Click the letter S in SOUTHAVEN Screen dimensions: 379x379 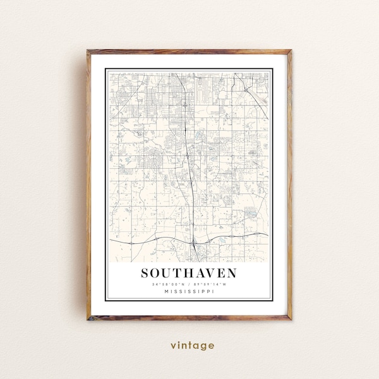(x=146, y=274)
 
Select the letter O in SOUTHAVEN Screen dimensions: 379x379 (x=157, y=274)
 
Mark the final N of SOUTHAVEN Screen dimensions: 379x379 (x=231, y=274)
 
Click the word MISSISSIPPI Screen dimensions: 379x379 (x=189, y=291)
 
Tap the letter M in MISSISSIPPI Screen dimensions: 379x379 (x=165, y=291)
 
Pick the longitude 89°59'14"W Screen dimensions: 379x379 (x=210, y=284)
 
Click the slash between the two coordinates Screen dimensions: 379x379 (x=189, y=284)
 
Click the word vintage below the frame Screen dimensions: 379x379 (x=192, y=346)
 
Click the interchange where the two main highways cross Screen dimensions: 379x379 (x=195, y=241)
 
